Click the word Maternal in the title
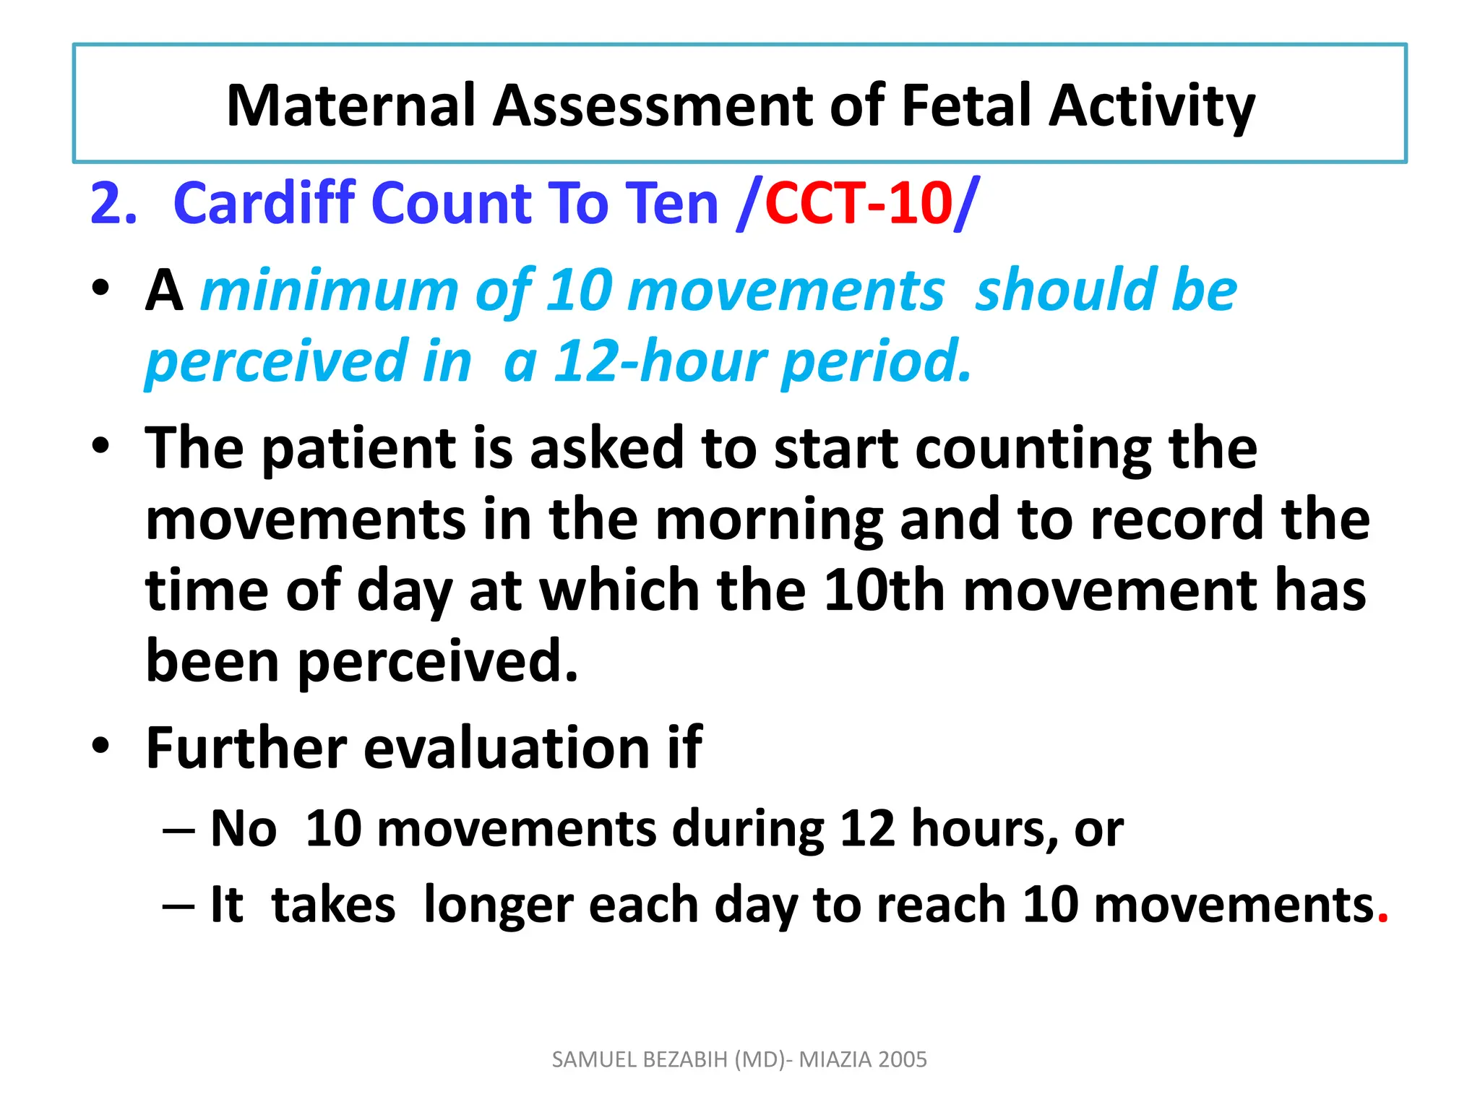click(x=352, y=106)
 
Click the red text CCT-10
click(x=859, y=203)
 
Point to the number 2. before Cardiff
click(x=113, y=203)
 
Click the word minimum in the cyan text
click(x=330, y=291)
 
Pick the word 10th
click(x=884, y=590)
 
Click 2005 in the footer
click(x=904, y=1059)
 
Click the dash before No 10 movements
click(x=178, y=830)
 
